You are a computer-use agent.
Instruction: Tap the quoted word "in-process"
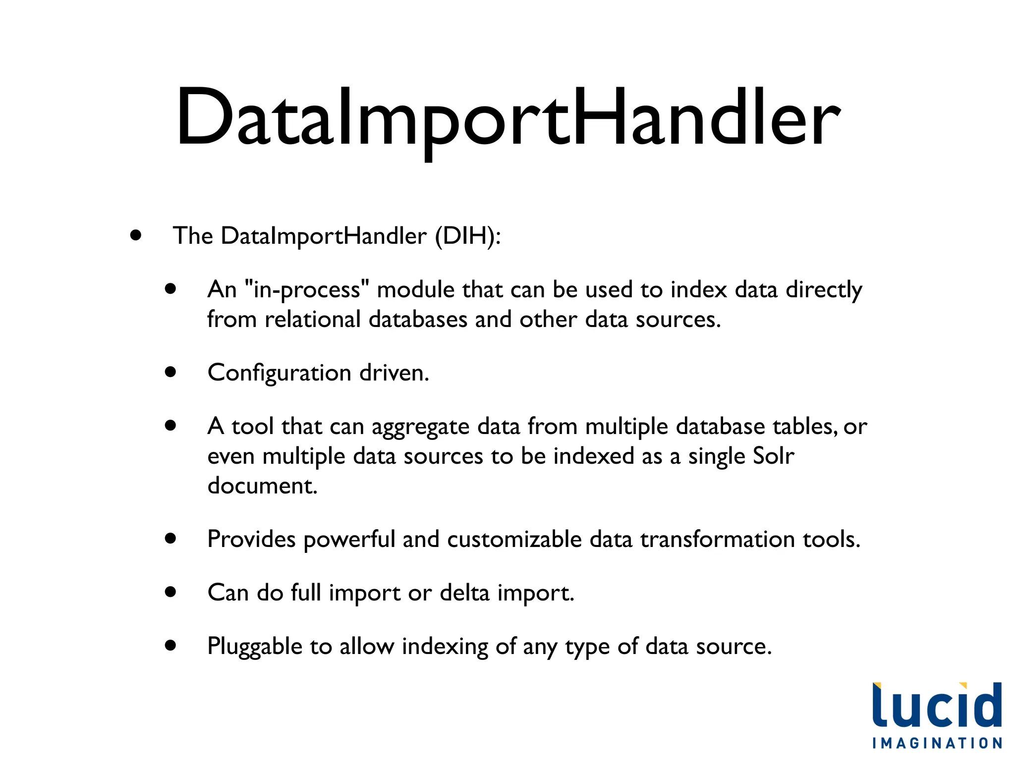tap(307, 290)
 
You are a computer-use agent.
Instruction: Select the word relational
tap(313, 320)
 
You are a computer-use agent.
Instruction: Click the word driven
tap(394, 373)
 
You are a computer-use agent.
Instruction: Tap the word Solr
tap(773, 456)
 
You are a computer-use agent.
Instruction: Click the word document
tap(262, 486)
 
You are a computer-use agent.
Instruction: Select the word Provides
tap(251, 539)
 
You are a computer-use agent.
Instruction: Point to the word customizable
tap(514, 539)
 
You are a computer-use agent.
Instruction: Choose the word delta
tap(464, 593)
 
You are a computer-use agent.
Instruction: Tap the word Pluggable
tap(255, 647)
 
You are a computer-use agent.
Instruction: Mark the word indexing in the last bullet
tap(445, 647)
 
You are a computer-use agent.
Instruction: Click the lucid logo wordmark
tap(937, 706)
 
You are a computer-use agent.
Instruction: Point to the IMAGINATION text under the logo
tap(937, 743)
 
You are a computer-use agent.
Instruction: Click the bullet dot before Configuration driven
tap(171, 372)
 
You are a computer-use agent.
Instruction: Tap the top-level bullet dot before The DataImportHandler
tap(136, 235)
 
